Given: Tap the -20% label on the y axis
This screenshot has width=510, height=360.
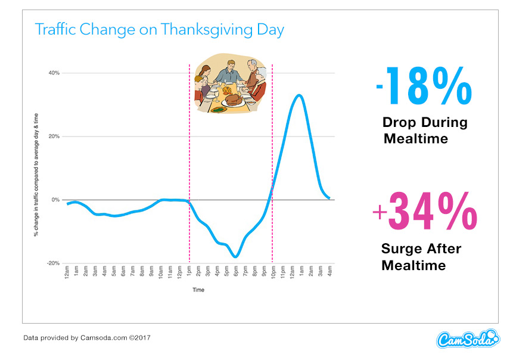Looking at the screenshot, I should click(53, 263).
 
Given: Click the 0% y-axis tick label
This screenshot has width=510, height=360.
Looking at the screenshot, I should click(55, 200).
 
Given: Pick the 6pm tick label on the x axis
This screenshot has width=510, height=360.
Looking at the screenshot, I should click(236, 274).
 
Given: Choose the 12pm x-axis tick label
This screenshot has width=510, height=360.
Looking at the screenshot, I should click(179, 274).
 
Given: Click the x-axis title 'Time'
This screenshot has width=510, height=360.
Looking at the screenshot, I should click(198, 290).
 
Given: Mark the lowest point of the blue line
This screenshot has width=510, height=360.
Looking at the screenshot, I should click(237, 257).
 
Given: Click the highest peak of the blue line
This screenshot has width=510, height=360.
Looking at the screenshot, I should click(299, 95).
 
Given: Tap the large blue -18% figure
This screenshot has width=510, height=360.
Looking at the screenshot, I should click(424, 86).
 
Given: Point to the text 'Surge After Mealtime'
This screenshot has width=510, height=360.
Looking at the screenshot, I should click(421, 256).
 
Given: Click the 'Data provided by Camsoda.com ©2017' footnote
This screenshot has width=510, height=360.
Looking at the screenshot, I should click(87, 338).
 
